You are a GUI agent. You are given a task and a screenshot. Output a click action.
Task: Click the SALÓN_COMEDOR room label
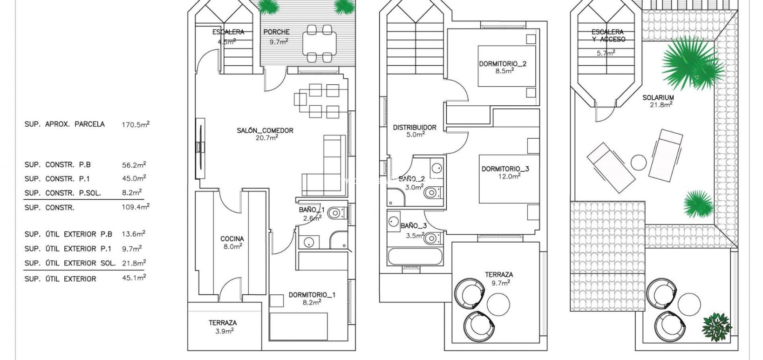coord(265,130)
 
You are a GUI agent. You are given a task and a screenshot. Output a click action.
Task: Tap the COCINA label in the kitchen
coord(232,239)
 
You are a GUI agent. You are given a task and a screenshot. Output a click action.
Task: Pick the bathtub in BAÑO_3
coord(410,257)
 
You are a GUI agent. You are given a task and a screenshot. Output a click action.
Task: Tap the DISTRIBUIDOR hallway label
coord(415,127)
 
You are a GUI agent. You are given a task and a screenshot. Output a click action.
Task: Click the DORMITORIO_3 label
coord(505,169)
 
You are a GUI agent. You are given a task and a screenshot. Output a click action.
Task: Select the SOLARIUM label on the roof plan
coord(658,97)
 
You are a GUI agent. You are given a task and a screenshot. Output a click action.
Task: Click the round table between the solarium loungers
coord(639,163)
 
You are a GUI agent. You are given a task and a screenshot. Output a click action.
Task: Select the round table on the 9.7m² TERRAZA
coord(500,306)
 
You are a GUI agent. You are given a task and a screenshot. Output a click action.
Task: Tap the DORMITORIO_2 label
coord(503,64)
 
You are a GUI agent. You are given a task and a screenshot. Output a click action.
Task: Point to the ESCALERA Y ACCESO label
coord(608,35)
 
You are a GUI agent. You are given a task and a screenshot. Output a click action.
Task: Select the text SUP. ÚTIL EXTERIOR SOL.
coord(70,263)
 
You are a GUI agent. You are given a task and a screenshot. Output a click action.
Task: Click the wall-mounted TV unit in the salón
coord(200,147)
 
